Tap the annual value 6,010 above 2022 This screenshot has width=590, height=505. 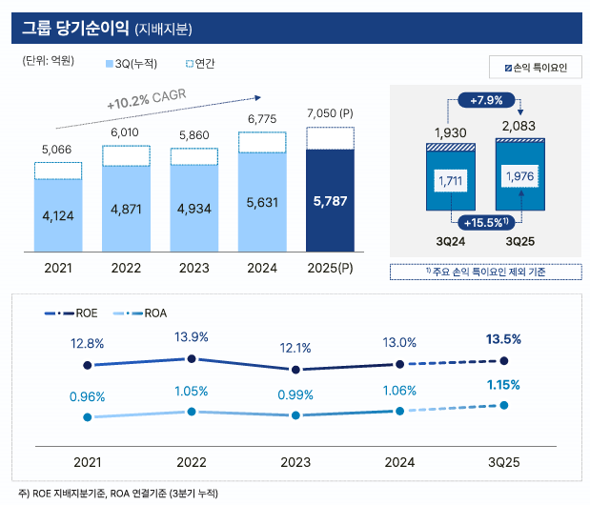coord(126,132)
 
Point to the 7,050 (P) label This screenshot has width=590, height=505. coord(330,114)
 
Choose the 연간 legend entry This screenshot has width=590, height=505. coord(199,64)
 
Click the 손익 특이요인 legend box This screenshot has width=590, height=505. coord(533,68)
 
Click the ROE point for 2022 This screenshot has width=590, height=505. coord(192,358)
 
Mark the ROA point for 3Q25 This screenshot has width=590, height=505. coord(503,405)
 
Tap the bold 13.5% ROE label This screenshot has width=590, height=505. coord(503,338)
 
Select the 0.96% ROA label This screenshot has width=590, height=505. coord(87,396)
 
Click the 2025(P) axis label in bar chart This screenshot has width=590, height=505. coord(330,268)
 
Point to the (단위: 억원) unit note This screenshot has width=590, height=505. coord(49,62)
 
